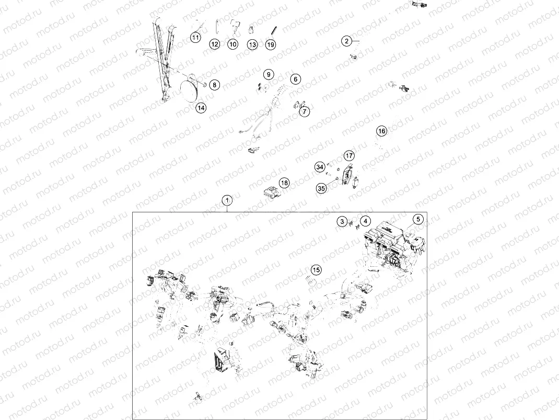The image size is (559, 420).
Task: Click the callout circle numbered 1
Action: (227, 200)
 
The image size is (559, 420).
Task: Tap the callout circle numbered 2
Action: (346, 41)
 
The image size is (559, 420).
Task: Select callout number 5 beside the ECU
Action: (418, 219)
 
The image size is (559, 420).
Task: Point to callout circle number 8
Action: (214, 85)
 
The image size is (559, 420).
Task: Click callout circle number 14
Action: (201, 107)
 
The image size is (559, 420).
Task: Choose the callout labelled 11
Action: (195, 37)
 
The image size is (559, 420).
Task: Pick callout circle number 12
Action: (215, 44)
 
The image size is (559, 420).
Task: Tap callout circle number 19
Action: (271, 44)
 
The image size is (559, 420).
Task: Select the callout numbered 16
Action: (382, 131)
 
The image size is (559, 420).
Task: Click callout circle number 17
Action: (349, 155)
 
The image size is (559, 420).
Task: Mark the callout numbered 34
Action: (320, 167)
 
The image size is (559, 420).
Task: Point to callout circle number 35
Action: (321, 188)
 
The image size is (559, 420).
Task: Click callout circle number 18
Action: (284, 183)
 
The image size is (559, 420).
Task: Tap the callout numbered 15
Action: (316, 270)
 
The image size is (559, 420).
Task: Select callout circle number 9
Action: (269, 75)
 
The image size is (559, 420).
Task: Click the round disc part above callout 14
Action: (191, 90)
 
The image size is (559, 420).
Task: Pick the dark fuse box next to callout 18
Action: (272, 195)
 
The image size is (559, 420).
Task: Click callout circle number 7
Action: (304, 111)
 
